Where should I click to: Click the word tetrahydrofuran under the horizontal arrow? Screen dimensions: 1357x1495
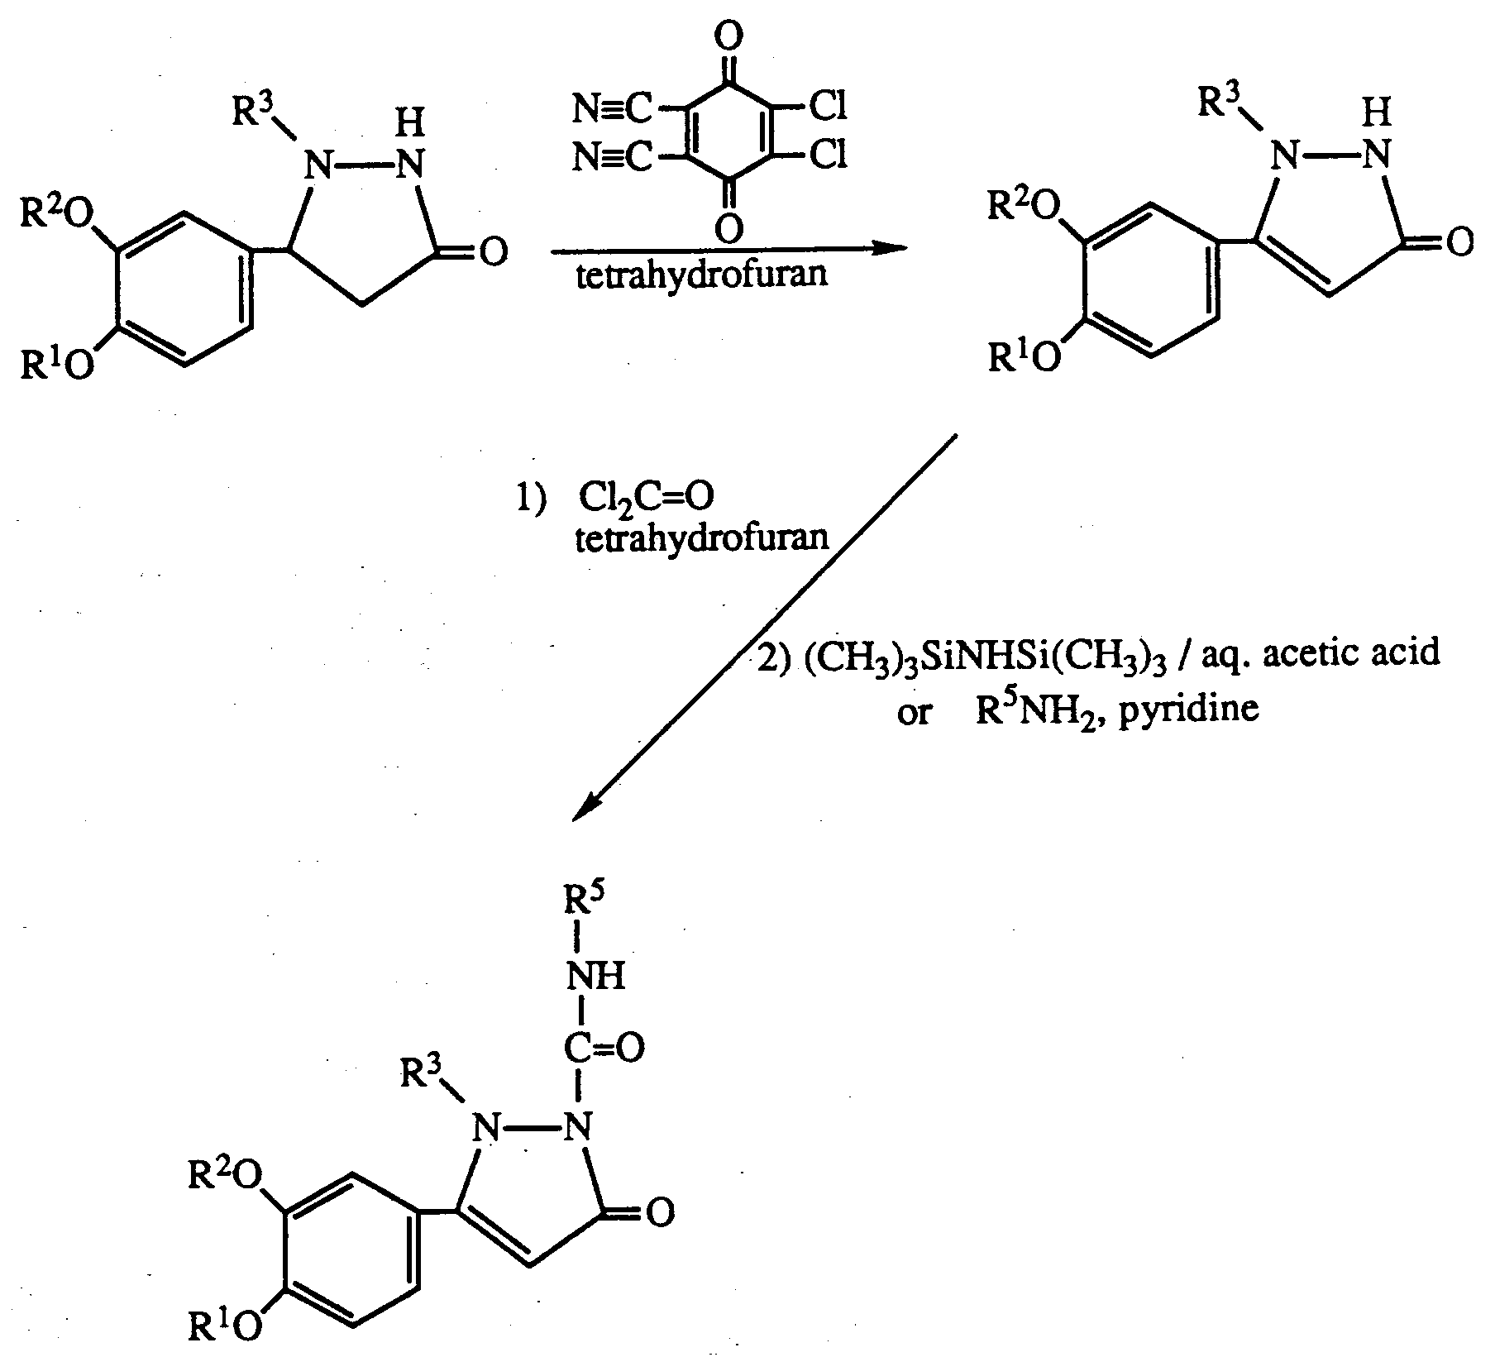701,274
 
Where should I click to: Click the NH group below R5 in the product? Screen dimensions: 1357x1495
595,977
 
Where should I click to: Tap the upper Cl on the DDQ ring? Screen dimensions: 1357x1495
828,107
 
